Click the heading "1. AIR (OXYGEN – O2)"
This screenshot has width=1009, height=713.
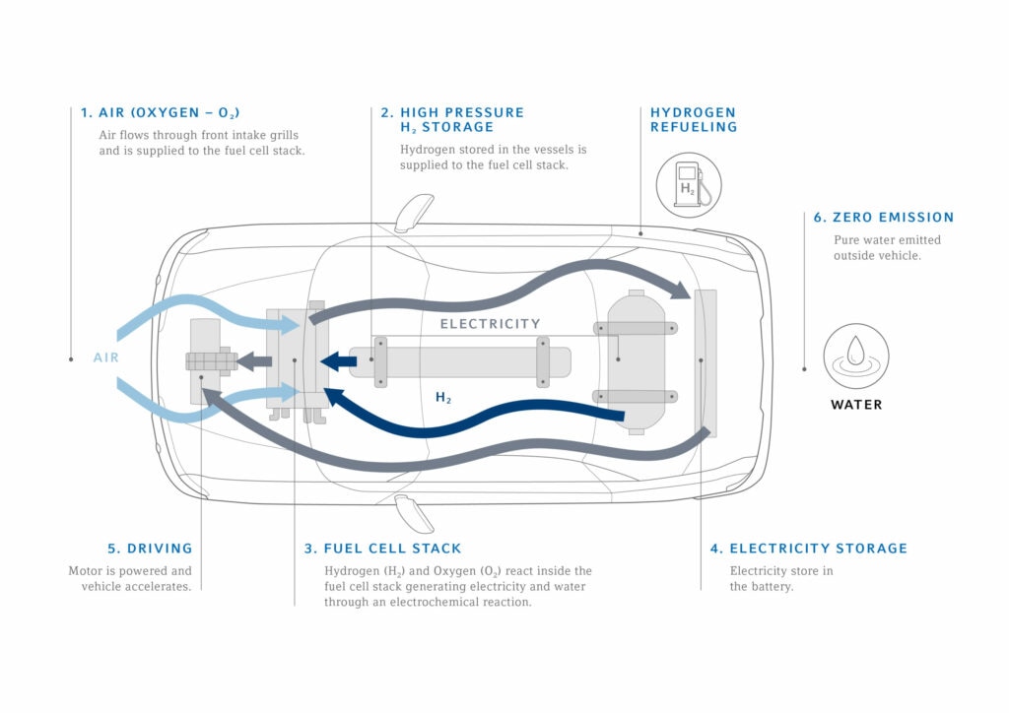[x=160, y=112]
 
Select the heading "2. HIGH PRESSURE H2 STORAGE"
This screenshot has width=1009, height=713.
[x=452, y=119]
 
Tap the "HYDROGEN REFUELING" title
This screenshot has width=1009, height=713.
[x=693, y=119]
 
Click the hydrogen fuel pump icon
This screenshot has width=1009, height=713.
[x=689, y=185]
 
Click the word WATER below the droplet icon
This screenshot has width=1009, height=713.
[x=856, y=405]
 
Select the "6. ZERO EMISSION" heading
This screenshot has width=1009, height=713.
[x=883, y=217]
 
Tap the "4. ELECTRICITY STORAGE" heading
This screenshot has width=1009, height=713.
[x=808, y=549]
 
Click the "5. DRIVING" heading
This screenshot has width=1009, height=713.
[x=150, y=549]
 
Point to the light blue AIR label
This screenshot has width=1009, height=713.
[x=106, y=357]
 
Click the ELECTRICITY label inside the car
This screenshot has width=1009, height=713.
[x=490, y=323]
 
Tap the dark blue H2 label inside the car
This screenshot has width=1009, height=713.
[x=443, y=398]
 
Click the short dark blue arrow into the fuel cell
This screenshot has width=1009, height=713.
[x=340, y=362]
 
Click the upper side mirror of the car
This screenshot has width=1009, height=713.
[x=413, y=211]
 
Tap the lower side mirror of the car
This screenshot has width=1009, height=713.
[x=413, y=513]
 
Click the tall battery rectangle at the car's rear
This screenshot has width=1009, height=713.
[x=706, y=361]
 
